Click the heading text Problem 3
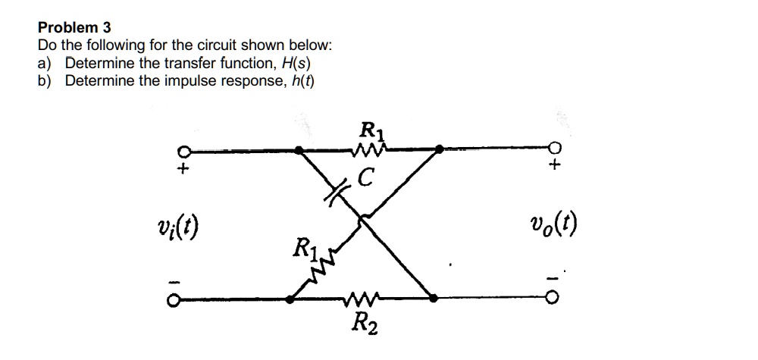point(74,27)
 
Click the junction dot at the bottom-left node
point(290,300)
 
